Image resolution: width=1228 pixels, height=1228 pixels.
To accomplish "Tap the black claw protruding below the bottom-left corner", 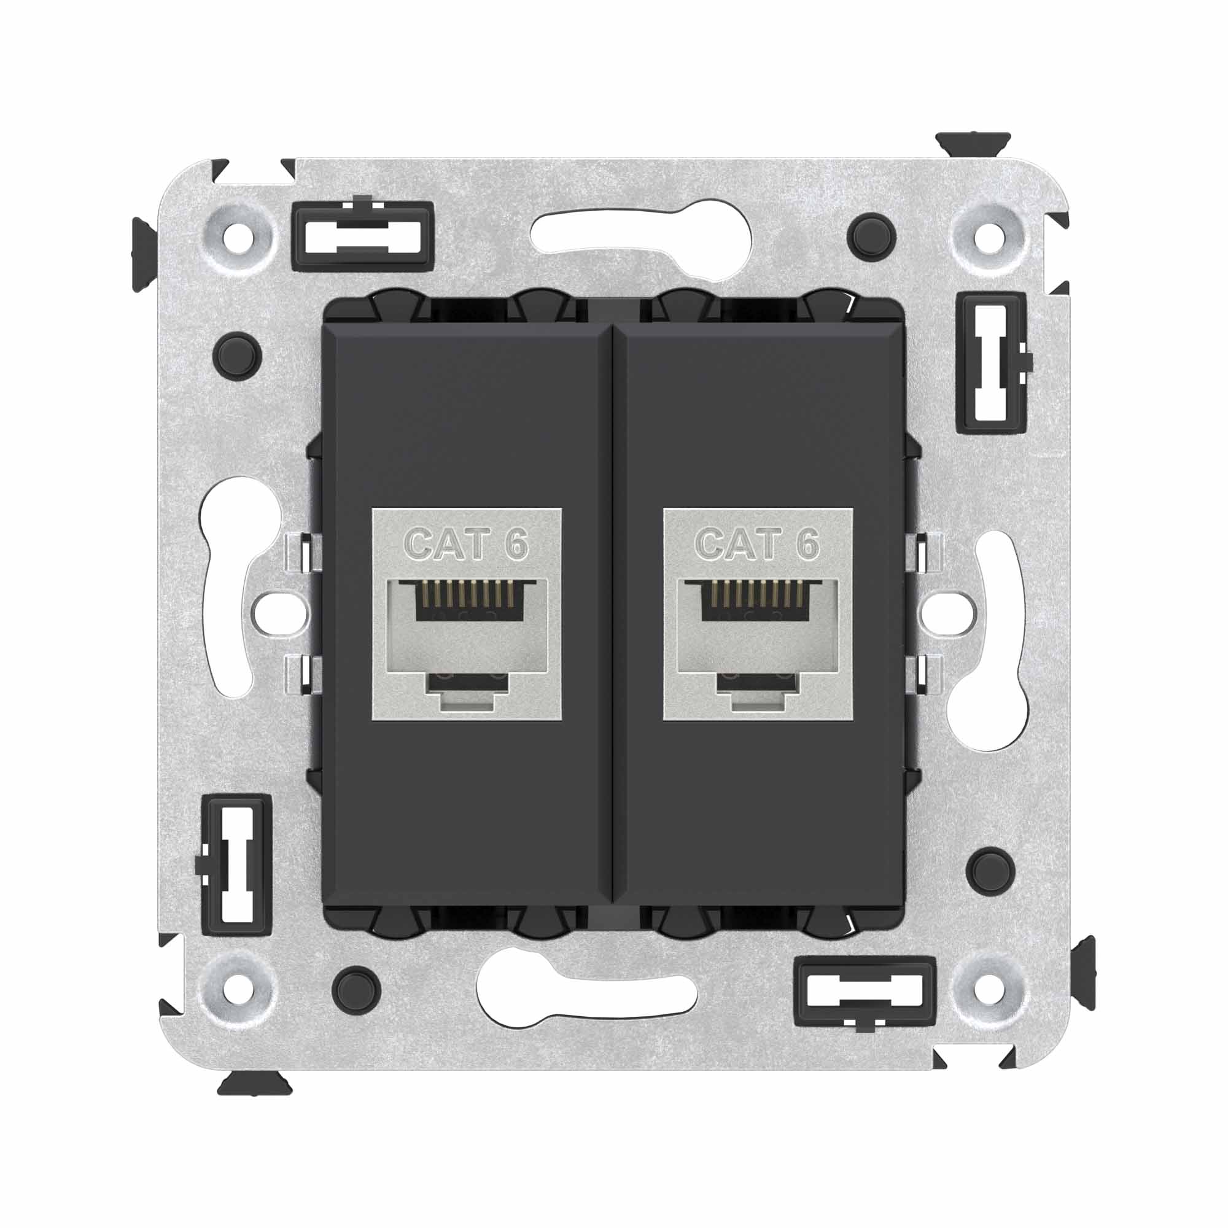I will [254, 1083].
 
